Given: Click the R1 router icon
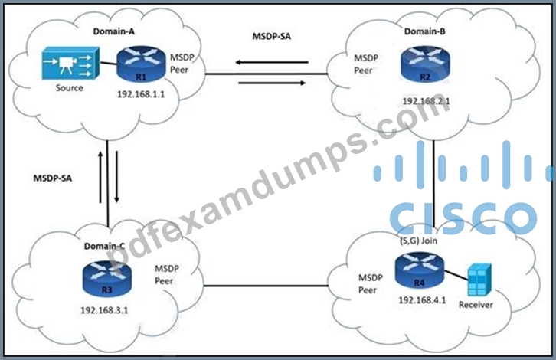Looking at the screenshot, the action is click(141, 64).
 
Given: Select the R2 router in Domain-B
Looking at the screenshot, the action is click(425, 64).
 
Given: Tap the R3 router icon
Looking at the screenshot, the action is click(107, 279).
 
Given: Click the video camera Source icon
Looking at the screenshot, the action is click(70, 63).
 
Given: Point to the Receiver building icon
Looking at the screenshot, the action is click(479, 280).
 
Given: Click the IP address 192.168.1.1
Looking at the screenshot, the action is click(141, 94).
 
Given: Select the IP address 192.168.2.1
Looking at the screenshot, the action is click(427, 101).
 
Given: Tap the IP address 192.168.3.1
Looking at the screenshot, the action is click(105, 310).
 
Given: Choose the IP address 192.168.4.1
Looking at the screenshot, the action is click(422, 300).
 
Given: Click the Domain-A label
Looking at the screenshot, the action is click(114, 31).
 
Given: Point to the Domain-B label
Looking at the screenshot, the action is click(425, 31).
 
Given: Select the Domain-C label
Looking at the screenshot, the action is click(104, 246).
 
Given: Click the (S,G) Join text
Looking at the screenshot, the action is click(418, 241).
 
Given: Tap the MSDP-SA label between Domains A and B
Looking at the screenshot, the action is click(272, 37).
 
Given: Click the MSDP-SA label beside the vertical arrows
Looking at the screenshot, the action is click(53, 178).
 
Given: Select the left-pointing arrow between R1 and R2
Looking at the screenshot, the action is click(272, 62).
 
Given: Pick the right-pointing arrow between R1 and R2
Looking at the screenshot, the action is click(272, 83).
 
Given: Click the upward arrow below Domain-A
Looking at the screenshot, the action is click(100, 178).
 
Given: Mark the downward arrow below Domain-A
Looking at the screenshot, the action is click(116, 177).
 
